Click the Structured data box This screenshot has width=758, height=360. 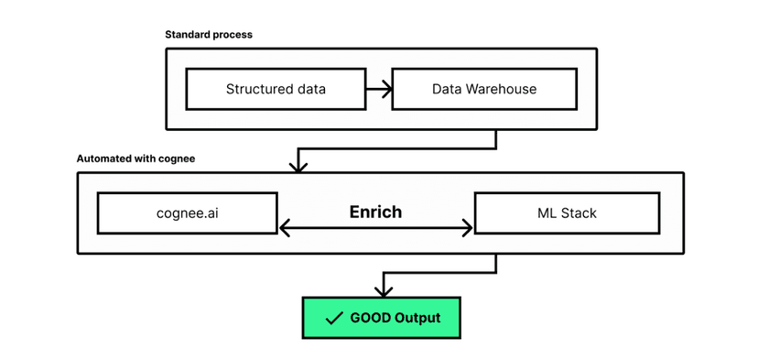276,90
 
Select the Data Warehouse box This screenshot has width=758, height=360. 484,90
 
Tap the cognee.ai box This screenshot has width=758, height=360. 186,213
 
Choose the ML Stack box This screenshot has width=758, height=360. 565,213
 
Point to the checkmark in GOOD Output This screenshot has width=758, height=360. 334,319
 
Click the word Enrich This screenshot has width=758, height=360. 375,212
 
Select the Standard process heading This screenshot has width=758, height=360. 209,35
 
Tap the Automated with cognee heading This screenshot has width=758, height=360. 135,158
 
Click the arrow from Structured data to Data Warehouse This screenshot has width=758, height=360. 378,90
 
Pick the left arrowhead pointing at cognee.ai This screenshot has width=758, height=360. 284,228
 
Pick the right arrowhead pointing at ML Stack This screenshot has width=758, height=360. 467,228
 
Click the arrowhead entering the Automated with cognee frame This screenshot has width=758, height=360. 298,167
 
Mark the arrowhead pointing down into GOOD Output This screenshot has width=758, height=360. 383,290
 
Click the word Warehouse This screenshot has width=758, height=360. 502,90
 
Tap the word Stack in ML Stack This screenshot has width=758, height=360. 578,213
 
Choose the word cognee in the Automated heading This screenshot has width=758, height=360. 176,158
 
